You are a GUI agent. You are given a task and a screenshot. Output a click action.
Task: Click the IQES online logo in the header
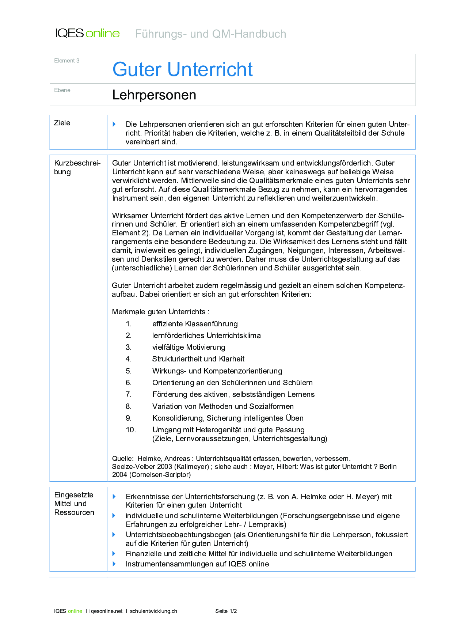[x=87, y=33]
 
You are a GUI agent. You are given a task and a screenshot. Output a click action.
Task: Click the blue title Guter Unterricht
[x=182, y=69]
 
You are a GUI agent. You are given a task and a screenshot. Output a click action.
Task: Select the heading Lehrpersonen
[x=154, y=95]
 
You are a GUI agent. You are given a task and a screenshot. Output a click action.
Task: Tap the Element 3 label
[x=67, y=61]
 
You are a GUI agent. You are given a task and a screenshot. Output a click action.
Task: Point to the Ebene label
[x=62, y=90]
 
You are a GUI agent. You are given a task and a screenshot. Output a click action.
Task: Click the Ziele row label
[x=62, y=123]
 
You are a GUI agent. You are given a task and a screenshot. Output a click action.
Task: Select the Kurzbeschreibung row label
[x=77, y=167]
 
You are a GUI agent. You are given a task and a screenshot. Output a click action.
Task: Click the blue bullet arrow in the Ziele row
[x=114, y=124]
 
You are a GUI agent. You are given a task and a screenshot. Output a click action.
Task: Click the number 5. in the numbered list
[x=129, y=371]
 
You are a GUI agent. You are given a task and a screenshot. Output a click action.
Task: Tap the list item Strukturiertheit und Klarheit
[x=198, y=359]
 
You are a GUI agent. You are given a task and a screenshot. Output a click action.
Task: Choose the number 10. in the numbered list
[x=130, y=430]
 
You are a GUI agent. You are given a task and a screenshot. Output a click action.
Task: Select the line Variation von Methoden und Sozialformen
[x=223, y=406]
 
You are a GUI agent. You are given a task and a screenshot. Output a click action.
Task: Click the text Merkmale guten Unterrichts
[x=160, y=312]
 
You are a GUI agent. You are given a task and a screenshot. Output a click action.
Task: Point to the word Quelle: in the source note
[x=123, y=459]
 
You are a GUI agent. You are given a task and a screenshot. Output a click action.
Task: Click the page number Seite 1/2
[x=226, y=611]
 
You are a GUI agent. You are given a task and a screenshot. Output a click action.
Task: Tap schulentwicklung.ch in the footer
[x=153, y=611]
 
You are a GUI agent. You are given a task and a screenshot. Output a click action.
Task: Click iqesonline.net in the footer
[x=106, y=611]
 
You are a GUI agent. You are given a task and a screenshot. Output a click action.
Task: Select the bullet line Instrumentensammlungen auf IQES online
[x=197, y=564]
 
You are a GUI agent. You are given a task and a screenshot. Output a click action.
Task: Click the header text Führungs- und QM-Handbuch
[x=210, y=34]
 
